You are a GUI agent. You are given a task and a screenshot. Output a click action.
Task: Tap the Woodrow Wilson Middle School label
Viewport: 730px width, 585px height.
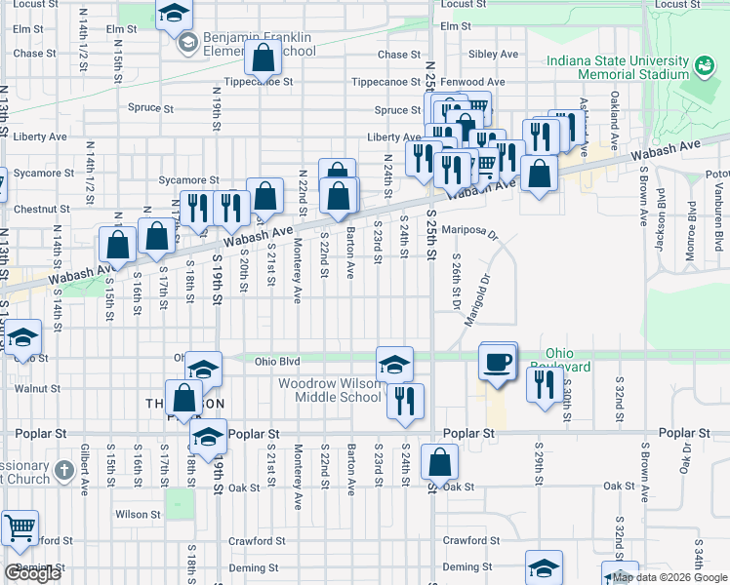pos(330,390)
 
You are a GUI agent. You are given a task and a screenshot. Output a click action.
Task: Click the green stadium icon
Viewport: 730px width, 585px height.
pos(704,67)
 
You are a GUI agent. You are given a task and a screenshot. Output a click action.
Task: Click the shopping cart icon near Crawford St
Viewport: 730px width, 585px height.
pos(20,530)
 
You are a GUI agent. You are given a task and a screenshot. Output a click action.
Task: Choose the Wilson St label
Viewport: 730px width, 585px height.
pos(138,514)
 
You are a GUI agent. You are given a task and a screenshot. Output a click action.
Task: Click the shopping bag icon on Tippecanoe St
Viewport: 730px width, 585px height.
pos(264,60)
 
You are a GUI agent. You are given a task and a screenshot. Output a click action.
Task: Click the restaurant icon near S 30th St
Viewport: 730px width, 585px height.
pos(542,384)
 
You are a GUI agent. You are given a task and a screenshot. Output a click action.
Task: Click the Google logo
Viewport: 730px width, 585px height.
pos(32,573)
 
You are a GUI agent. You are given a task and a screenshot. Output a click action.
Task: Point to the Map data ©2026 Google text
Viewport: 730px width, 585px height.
pos(669,578)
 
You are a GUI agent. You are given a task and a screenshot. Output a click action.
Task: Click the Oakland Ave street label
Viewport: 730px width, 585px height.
pos(614,115)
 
